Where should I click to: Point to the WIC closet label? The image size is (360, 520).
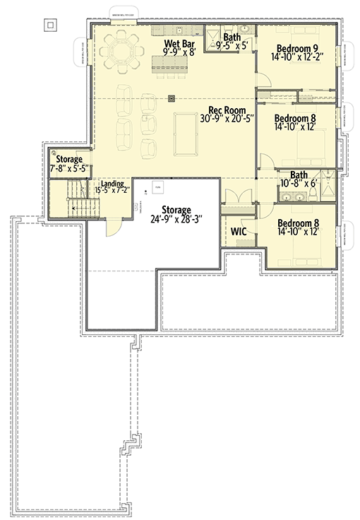(x=237, y=230)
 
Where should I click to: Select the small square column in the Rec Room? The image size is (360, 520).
(x=171, y=99)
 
